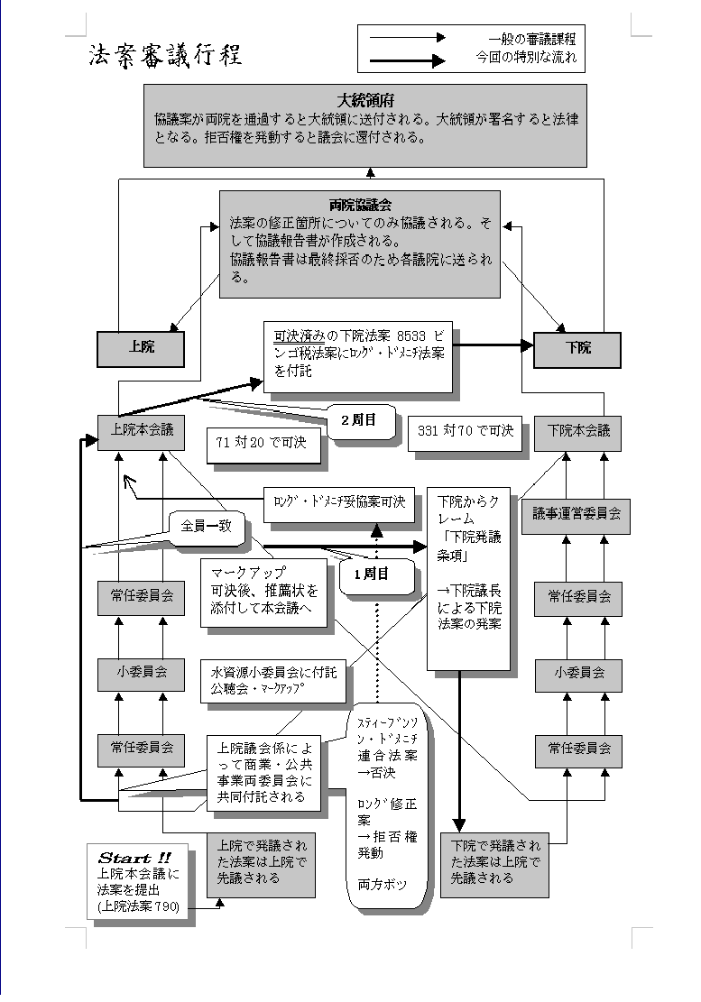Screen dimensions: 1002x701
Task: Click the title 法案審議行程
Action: [165, 56]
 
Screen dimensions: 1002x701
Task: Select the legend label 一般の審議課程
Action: [531, 38]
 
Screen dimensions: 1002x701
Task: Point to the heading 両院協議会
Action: [360, 205]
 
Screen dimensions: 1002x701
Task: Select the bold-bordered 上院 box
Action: [140, 348]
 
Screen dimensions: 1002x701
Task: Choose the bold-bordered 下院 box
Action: [577, 348]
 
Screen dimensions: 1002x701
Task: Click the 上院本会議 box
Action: [141, 432]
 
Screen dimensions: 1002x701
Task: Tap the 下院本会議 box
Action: [577, 432]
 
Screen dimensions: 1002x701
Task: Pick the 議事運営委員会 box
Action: [577, 515]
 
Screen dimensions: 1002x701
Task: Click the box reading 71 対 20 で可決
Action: [263, 444]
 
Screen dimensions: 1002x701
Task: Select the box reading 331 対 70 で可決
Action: [466, 432]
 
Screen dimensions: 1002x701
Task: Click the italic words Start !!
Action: [134, 857]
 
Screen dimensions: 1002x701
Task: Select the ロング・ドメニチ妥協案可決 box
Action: [339, 501]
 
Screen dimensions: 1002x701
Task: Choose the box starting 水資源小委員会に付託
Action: [274, 679]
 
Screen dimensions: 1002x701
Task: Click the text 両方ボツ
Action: [382, 885]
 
